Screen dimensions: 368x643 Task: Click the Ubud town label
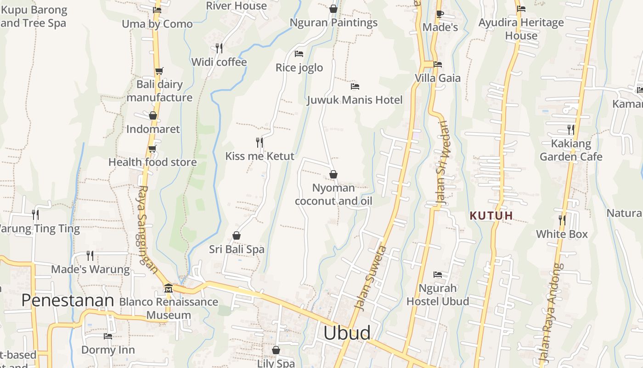(x=347, y=333)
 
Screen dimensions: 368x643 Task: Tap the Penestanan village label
(x=68, y=300)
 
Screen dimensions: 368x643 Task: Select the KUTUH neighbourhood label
(x=491, y=215)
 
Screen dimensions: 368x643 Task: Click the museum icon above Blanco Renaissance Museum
(x=168, y=288)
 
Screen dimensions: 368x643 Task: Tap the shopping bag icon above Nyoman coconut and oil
(x=333, y=175)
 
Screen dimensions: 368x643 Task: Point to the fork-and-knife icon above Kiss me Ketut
(x=259, y=143)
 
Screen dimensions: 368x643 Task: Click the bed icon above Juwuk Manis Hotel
(x=355, y=86)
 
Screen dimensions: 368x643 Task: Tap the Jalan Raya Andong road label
(x=550, y=313)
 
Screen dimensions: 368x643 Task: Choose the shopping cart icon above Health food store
(x=152, y=149)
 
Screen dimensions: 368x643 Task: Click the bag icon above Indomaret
(x=153, y=115)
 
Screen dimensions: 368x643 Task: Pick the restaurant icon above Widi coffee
(x=219, y=48)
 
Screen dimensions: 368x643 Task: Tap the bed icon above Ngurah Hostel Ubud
(x=438, y=275)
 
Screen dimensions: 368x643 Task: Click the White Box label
(x=562, y=234)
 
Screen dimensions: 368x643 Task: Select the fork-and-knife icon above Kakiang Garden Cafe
(x=570, y=129)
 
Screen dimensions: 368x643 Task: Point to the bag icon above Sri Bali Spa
(x=237, y=236)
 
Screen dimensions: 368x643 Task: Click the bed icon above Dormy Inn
(x=108, y=336)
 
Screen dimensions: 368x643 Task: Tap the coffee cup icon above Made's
(x=440, y=14)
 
